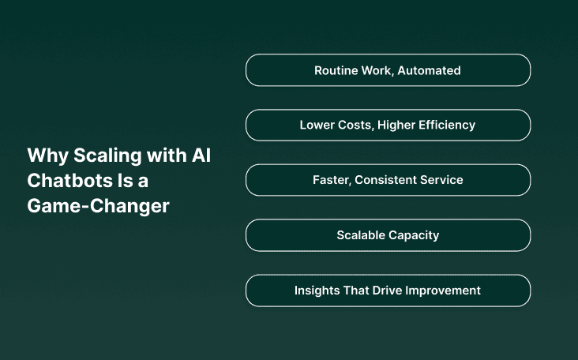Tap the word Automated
[429, 70]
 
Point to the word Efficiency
[447, 125]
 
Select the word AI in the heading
[201, 156]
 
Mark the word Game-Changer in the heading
[99, 206]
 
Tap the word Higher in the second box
[399, 125]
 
